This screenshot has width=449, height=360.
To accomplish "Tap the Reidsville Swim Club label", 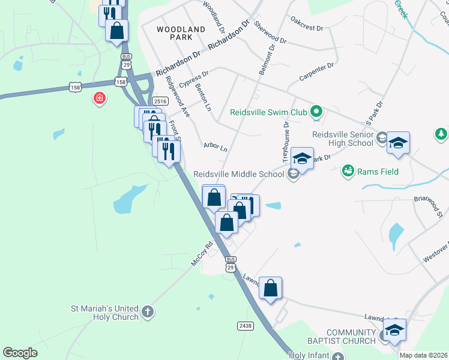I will pyautogui.click(x=269, y=112).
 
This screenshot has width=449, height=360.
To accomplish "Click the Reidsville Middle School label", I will pyautogui.click(x=238, y=175).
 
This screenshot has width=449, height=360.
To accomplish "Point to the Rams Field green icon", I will pyautogui.click(x=348, y=172).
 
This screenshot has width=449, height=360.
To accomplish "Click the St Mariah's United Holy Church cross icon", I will pyautogui.click(x=148, y=311).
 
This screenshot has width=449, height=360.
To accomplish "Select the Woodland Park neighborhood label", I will pyautogui.click(x=174, y=32).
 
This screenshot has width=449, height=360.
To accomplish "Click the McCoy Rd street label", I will pyautogui.click(x=202, y=254).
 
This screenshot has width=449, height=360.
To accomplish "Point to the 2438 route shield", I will pyautogui.click(x=245, y=325).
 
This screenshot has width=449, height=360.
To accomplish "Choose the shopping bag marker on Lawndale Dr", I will pyautogui.click(x=271, y=288).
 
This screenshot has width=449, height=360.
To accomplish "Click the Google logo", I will pyautogui.click(x=20, y=353).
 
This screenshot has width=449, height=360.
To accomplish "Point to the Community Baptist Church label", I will pyautogui.click(x=351, y=337).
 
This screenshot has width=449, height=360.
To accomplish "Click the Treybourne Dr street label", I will pyautogui.click(x=287, y=134).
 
